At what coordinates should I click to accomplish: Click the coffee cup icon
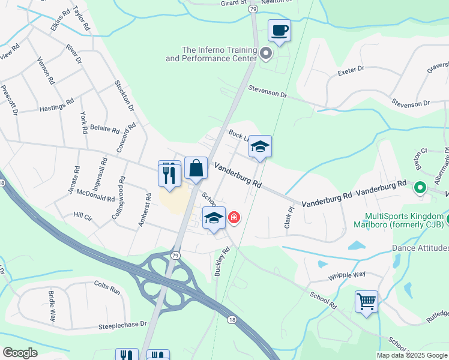coord(279,29)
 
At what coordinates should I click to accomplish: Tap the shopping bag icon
coord(196,169)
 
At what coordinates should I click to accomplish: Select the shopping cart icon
coord(366,301)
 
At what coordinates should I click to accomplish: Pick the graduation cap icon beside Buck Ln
coord(260,146)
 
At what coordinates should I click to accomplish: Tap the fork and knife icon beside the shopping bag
coord(169,173)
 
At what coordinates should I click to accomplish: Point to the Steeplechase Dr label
coord(122,325)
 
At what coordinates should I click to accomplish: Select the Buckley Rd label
coord(222,262)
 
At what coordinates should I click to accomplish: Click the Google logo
coord(20,353)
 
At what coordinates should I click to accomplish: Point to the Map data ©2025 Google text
coord(412,355)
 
